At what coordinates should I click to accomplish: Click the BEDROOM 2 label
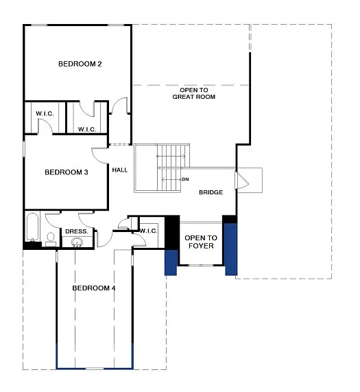pos(80,64)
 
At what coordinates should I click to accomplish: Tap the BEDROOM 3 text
pos(66,172)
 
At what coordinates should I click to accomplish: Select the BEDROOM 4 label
pos(94,288)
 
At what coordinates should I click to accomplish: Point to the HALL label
pos(121,169)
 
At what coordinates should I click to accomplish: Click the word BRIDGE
pos(211,192)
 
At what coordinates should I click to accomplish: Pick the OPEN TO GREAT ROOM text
pos(193,93)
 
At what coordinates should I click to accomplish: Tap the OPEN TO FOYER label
pos(200,242)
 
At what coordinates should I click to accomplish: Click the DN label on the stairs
pos(185,179)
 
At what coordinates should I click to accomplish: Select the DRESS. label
pos(76,231)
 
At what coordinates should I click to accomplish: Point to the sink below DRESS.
pos(75,242)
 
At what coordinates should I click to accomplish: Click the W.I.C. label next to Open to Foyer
pos(149,231)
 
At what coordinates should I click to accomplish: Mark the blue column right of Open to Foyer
pos(231,249)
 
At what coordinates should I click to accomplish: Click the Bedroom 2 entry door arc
pos(120,105)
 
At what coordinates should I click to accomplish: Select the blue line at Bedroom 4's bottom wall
pos(94,369)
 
